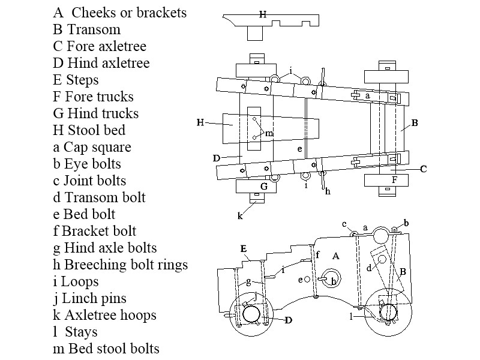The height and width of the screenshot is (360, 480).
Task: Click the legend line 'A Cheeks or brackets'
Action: tap(119, 13)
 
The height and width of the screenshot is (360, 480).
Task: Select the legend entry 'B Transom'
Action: tap(86, 29)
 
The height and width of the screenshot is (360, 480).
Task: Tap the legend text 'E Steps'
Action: tap(76, 80)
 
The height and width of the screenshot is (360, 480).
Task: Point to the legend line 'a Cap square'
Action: tap(92, 147)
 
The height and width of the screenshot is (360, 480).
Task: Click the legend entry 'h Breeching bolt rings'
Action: tap(120, 265)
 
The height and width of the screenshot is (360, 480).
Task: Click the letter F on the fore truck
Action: tap(394, 179)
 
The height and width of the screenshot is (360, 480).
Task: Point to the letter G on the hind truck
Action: tap(263, 187)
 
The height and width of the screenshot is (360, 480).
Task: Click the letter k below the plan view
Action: tap(240, 215)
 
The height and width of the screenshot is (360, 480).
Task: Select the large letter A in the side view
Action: tap(336, 256)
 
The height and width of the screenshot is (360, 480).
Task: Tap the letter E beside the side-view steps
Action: tap(243, 248)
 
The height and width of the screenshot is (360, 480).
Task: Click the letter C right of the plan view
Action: tap(423, 169)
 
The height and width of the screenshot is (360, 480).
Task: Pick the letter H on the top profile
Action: tap(263, 14)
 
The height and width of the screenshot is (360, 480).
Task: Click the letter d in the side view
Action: tap(368, 268)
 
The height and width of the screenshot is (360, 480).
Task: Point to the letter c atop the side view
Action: tap(344, 224)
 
